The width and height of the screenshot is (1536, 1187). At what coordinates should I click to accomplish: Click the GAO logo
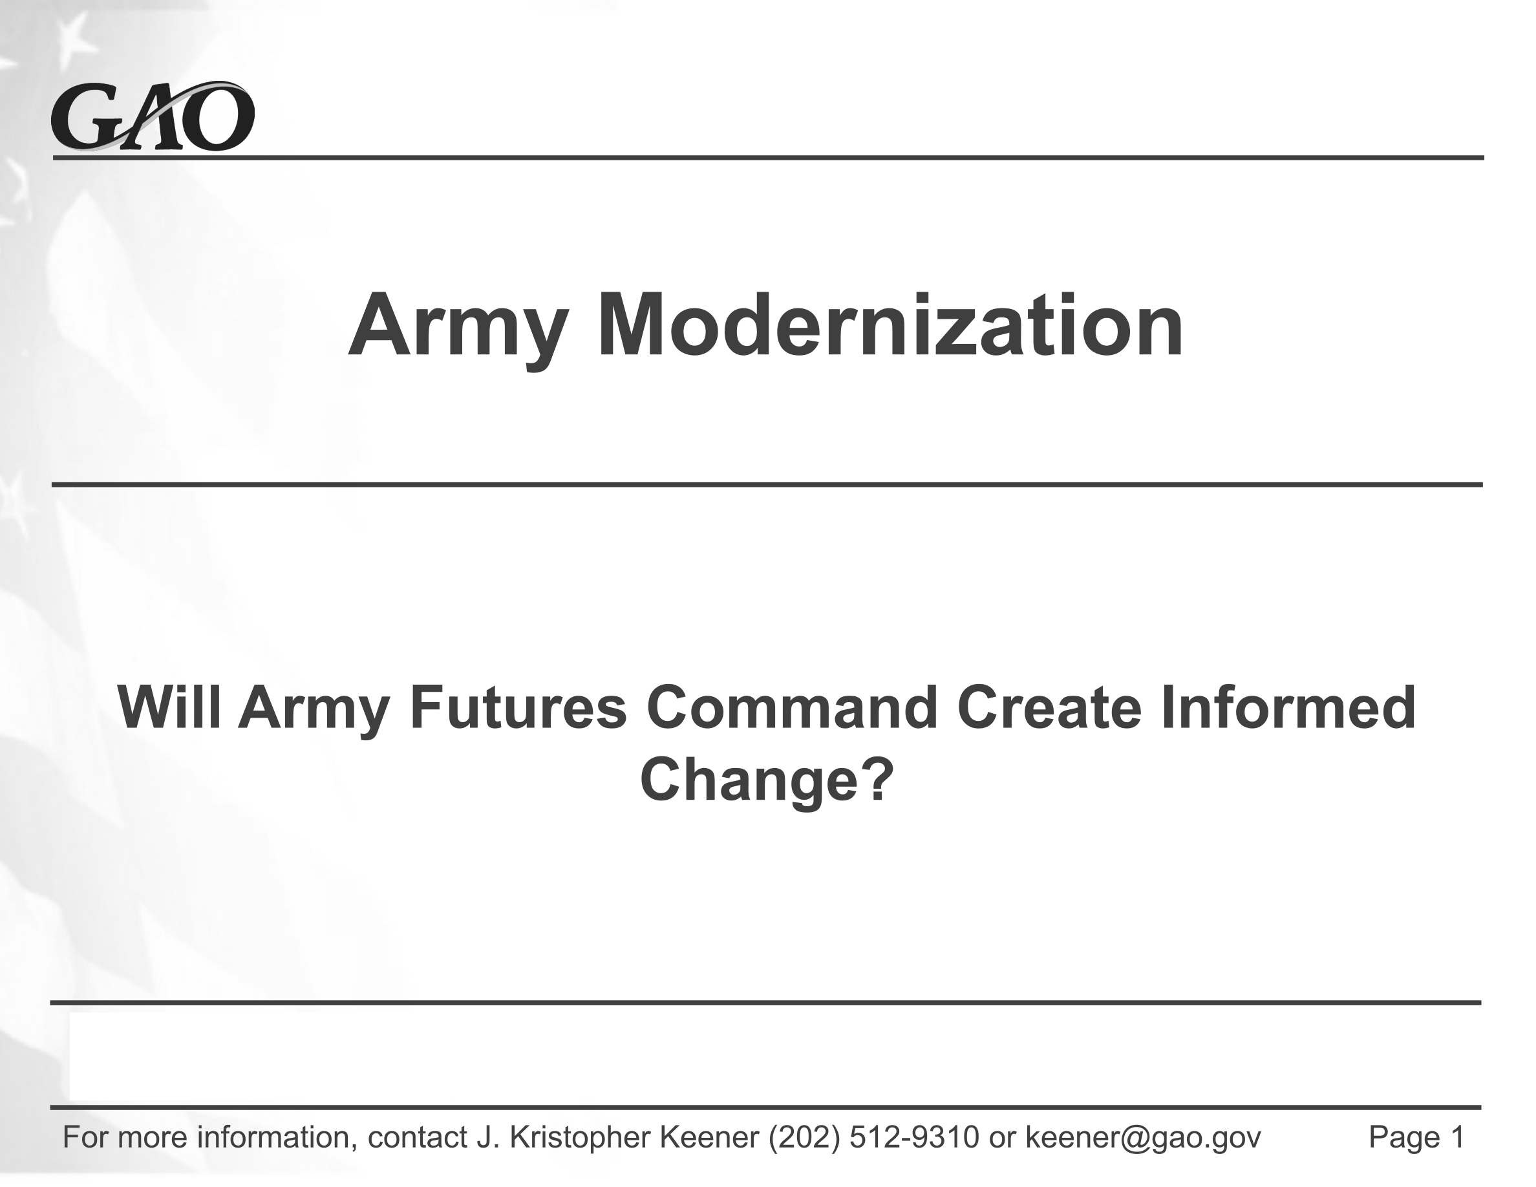click(153, 116)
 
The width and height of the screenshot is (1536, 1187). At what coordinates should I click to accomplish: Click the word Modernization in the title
click(890, 326)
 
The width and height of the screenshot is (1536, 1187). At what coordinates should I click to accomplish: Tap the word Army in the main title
click(458, 330)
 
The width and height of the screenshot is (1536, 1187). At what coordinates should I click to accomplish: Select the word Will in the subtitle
click(169, 707)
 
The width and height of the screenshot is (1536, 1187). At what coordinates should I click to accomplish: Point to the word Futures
click(518, 707)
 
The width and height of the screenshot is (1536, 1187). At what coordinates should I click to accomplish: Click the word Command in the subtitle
click(792, 707)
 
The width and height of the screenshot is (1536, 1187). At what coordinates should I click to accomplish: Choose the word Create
click(1049, 707)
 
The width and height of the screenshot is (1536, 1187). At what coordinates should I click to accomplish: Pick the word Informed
click(1287, 707)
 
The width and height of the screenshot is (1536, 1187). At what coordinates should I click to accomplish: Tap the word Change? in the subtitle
click(767, 781)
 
